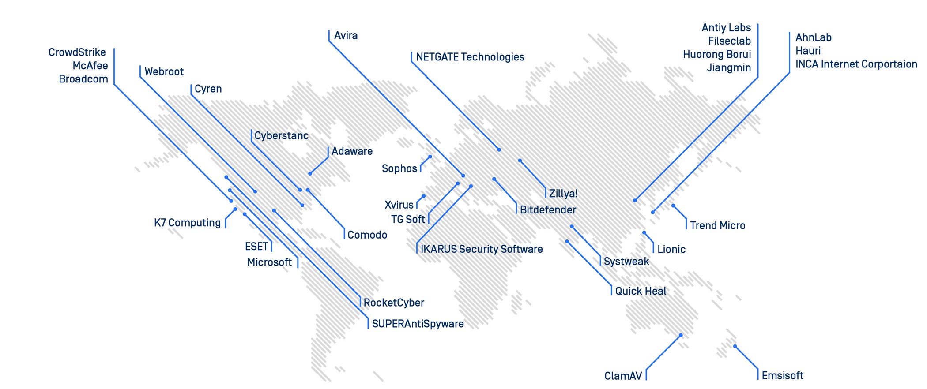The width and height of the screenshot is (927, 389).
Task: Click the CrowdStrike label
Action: [77, 52]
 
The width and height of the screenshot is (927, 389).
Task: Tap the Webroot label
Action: [164, 72]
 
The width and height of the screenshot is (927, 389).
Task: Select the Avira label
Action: [346, 36]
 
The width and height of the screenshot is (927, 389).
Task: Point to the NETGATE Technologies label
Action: [470, 57]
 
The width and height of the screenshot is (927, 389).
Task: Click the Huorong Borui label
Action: [716, 55]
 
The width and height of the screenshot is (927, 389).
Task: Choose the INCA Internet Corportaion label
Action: [856, 64]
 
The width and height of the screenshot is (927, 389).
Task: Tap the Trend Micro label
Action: [717, 226]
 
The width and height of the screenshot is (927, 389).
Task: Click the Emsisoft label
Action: [782, 376]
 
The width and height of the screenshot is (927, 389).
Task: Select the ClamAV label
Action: [623, 376]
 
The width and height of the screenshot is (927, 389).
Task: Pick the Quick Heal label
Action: [641, 292]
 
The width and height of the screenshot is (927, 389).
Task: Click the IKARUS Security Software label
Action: [481, 249]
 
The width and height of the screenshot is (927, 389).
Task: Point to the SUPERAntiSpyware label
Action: [418, 324]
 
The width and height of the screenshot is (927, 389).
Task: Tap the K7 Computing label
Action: [187, 223]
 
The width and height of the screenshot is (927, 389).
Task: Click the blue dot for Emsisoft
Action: [735, 346]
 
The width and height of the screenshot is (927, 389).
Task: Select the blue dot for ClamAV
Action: [681, 335]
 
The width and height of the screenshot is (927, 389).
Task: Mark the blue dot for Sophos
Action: [430, 157]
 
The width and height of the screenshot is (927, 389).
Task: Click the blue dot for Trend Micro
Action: [673, 206]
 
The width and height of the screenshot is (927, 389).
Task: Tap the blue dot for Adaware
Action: [310, 174]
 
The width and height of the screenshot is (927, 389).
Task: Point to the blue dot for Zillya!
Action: [520, 161]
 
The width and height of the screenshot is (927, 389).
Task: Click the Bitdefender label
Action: [548, 210]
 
